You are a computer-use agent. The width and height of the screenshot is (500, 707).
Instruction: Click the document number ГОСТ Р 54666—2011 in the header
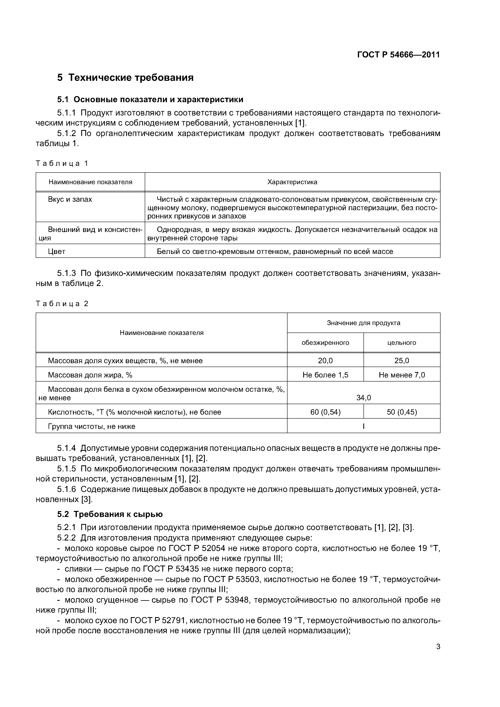(x=398, y=55)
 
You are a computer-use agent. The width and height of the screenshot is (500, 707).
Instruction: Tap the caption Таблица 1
(x=62, y=163)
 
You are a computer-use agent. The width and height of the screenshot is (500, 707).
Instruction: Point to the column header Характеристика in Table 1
(x=292, y=182)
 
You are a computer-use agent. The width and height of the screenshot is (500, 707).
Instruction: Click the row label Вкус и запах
(x=70, y=200)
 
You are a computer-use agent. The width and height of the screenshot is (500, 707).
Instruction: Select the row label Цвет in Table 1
(x=57, y=251)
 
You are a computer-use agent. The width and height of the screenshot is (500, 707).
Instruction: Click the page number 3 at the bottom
(x=438, y=647)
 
